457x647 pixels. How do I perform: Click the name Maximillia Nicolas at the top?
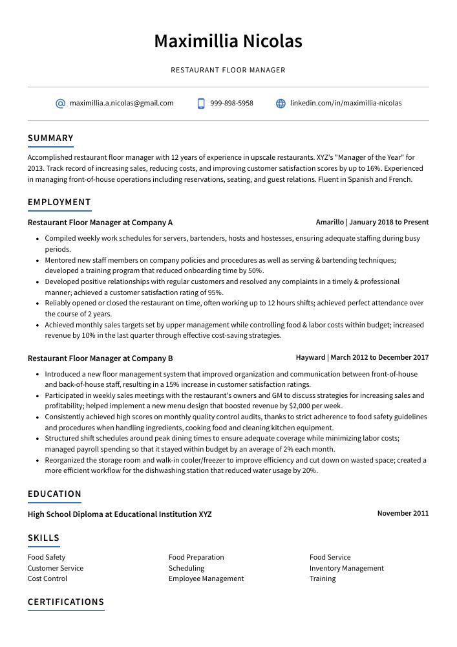tap(228, 41)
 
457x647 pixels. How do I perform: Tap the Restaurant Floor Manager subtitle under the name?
tap(228, 70)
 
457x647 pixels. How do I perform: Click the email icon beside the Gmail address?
tap(60, 104)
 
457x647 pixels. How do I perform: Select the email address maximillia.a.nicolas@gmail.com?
tap(122, 103)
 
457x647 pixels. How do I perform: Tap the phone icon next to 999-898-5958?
tap(201, 104)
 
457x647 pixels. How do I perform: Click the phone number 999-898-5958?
tap(231, 103)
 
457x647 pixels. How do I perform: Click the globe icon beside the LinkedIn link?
tap(281, 104)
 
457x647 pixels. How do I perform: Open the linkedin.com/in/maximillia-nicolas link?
tap(345, 103)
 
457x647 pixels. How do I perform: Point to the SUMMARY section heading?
tap(50, 138)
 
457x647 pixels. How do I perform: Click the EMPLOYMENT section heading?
tap(59, 202)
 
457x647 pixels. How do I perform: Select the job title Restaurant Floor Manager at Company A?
tap(100, 223)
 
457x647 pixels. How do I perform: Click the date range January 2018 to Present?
tap(388, 222)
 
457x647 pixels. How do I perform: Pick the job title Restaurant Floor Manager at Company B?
tap(100, 358)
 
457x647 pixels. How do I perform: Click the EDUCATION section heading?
tap(54, 494)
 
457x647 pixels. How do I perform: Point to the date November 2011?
tap(403, 513)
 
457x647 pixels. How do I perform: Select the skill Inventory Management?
tap(346, 568)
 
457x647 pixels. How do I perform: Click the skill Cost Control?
tap(47, 578)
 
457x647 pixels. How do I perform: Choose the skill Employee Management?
tap(206, 578)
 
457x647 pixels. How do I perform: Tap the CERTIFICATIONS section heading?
tap(66, 602)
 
